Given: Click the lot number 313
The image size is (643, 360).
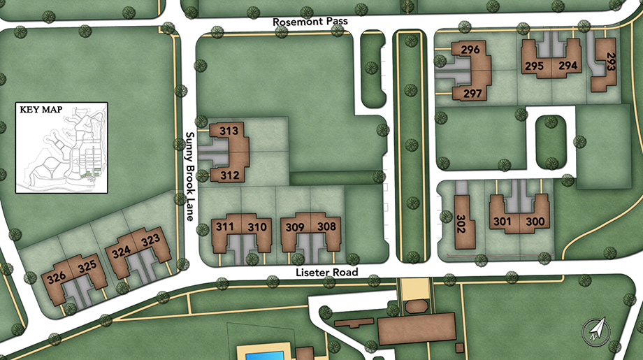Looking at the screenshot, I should click(x=229, y=131).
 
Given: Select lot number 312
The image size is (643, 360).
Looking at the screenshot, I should click(x=229, y=175).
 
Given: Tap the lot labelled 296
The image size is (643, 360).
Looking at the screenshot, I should click(x=471, y=50).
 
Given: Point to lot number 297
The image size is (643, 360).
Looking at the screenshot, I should click(x=472, y=94).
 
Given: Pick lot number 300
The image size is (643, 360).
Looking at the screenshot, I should click(x=535, y=222).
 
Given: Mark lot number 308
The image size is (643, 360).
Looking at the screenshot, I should click(x=326, y=226).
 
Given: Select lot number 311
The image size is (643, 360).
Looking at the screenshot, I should click(x=225, y=226).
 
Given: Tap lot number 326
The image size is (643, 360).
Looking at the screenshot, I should click(x=56, y=278).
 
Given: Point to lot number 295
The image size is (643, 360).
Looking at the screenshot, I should click(x=534, y=66).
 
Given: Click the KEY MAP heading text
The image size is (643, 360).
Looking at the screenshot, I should click(x=37, y=110).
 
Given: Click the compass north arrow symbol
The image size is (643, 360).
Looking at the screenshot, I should click(x=595, y=329).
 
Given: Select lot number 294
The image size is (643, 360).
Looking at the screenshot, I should click(x=568, y=66).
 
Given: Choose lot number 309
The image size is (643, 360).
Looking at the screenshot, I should click(x=296, y=226).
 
